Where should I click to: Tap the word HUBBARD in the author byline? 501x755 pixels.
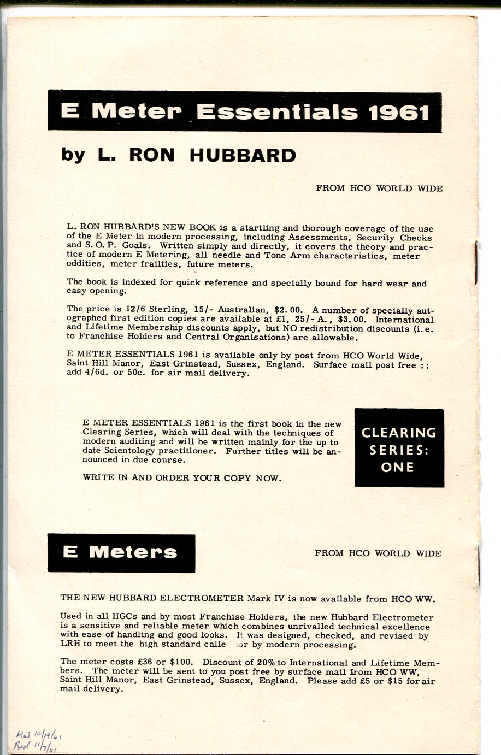[243, 156]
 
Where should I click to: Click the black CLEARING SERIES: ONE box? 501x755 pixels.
[399, 448]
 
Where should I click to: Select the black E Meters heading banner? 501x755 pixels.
[121, 553]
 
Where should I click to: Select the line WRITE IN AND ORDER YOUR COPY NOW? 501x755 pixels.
[182, 477]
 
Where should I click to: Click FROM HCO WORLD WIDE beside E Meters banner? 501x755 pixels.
[378, 553]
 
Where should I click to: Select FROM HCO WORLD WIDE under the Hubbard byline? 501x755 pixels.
[379, 188]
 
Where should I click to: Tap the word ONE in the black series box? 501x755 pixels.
[398, 467]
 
